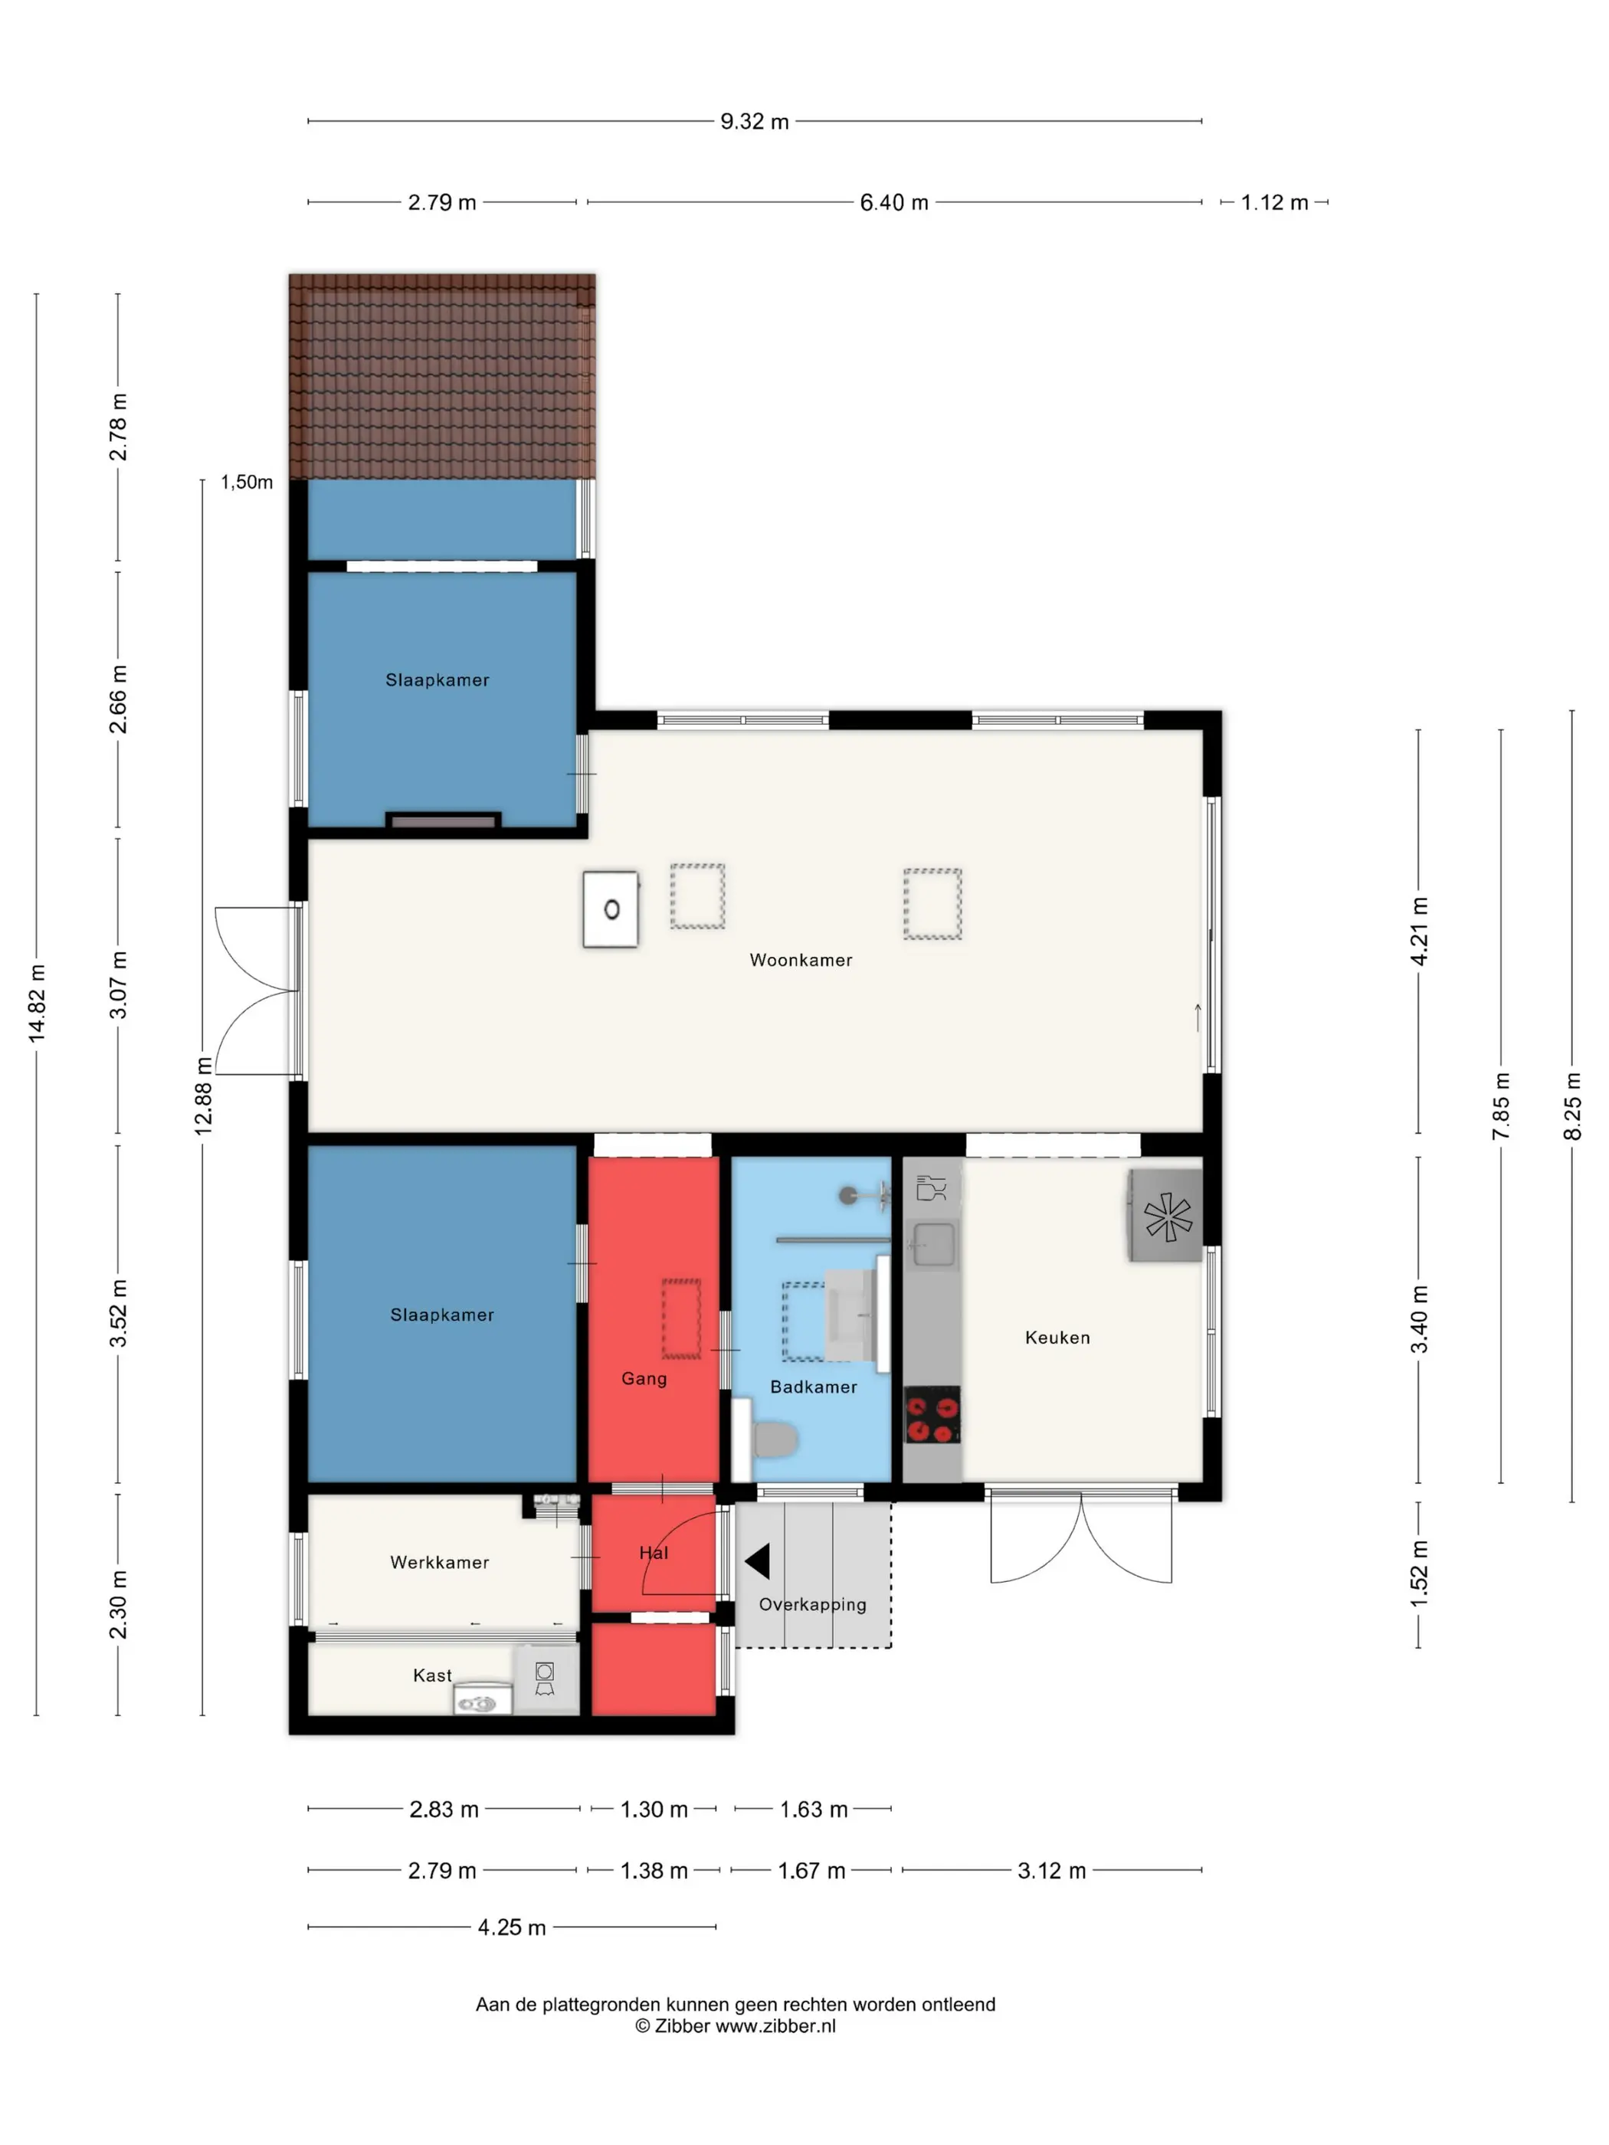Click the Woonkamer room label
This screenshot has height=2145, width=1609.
[800, 960]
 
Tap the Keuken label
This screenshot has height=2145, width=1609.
[1057, 1338]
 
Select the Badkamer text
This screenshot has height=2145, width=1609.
[813, 1387]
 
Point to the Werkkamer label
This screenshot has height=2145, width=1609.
[439, 1562]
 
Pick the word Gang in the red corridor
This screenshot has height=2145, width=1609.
[644, 1379]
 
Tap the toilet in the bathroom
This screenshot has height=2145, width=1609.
[774, 1440]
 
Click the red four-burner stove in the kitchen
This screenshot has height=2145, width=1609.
[932, 1416]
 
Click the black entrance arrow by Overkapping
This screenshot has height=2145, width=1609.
[758, 1561]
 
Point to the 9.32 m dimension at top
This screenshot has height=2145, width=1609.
[755, 121]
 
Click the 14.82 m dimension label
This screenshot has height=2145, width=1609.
[37, 1004]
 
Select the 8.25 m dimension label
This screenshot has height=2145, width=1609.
[1572, 1106]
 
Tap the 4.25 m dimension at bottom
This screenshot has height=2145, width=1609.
[511, 1927]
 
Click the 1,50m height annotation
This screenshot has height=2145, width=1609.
[247, 482]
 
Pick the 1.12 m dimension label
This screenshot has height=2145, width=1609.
[1274, 203]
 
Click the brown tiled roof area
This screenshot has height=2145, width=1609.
[442, 376]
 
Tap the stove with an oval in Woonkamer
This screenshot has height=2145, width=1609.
[611, 909]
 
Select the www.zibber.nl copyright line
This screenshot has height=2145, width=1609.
[735, 2025]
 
